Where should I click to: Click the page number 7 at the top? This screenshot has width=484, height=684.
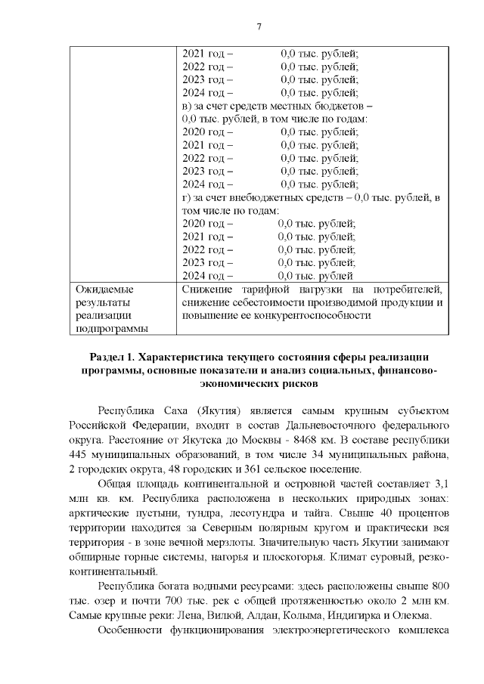click(x=259, y=27)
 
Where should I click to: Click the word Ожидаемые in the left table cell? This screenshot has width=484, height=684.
click(x=102, y=289)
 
